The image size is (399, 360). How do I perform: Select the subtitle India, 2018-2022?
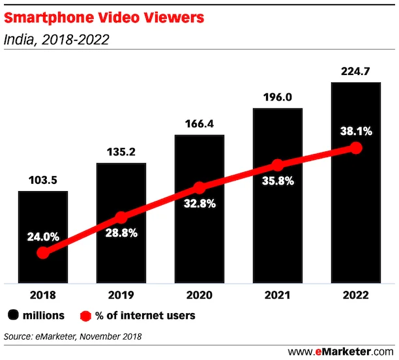click(x=56, y=40)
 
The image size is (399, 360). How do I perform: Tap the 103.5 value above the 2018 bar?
click(x=42, y=179)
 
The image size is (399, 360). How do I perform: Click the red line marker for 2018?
click(x=43, y=252)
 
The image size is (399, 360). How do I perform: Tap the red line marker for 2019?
click(x=121, y=217)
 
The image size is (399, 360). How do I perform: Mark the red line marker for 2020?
click(x=199, y=188)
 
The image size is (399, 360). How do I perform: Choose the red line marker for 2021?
click(x=278, y=165)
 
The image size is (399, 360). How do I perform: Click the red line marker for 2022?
click(x=355, y=148)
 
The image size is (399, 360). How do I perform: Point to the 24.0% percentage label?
click(x=43, y=237)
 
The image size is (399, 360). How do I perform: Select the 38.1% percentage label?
click(x=355, y=131)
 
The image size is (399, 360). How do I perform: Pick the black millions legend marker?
click(x=14, y=316)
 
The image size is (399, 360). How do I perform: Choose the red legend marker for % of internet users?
click(x=84, y=316)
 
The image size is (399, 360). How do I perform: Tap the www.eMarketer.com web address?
click(x=338, y=352)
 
